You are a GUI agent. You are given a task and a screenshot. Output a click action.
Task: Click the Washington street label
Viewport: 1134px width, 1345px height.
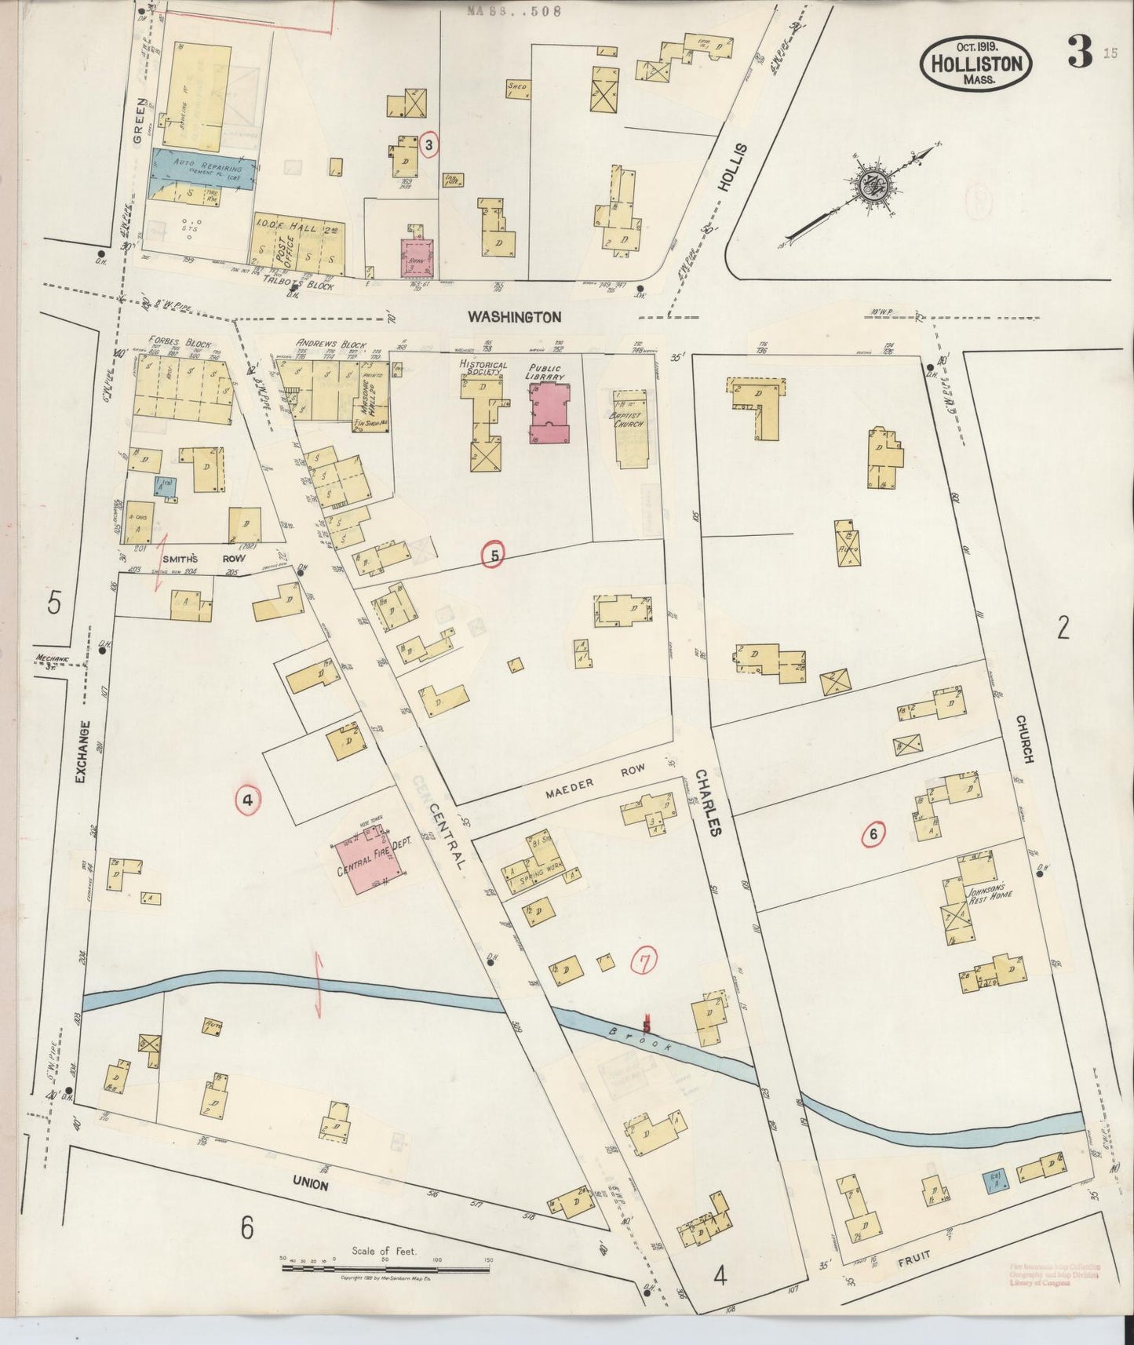(x=514, y=317)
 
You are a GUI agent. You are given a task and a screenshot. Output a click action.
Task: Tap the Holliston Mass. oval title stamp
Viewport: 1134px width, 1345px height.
(x=976, y=64)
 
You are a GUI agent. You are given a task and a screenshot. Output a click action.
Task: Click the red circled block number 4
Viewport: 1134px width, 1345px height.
(x=247, y=800)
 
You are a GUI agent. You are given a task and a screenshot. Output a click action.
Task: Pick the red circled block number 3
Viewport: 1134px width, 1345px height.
(x=428, y=144)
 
